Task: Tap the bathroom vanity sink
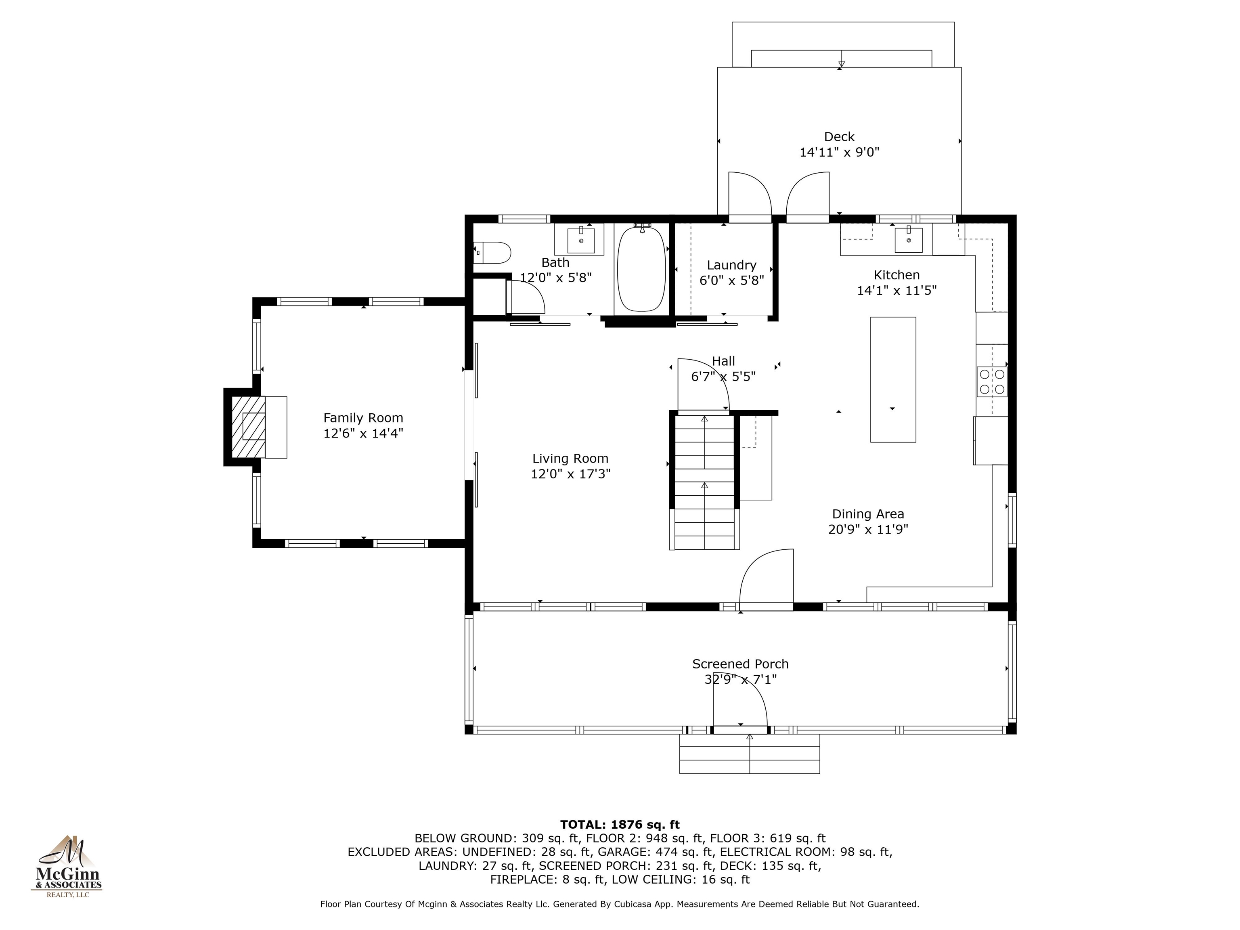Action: pyautogui.click(x=581, y=240)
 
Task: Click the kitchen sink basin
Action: pyautogui.click(x=908, y=239)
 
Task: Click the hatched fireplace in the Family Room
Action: pyautogui.click(x=248, y=427)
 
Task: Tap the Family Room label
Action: pyautogui.click(x=363, y=418)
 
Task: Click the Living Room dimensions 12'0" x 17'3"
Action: pyautogui.click(x=571, y=474)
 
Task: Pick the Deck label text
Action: pyautogui.click(x=839, y=137)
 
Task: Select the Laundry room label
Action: pyautogui.click(x=731, y=265)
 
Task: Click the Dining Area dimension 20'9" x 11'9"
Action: pyautogui.click(x=868, y=529)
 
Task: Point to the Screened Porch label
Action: pyautogui.click(x=740, y=664)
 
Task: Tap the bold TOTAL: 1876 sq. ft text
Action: pyautogui.click(x=620, y=825)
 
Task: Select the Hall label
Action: pyautogui.click(x=723, y=361)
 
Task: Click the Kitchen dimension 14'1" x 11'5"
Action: pyautogui.click(x=897, y=290)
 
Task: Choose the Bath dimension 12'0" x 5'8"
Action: pyautogui.click(x=555, y=277)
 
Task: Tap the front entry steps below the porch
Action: pyautogui.click(x=750, y=754)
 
